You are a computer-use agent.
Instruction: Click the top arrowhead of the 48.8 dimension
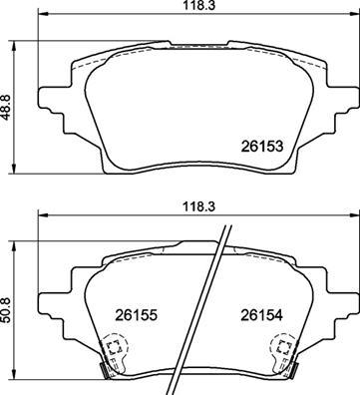click(x=11, y=45)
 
